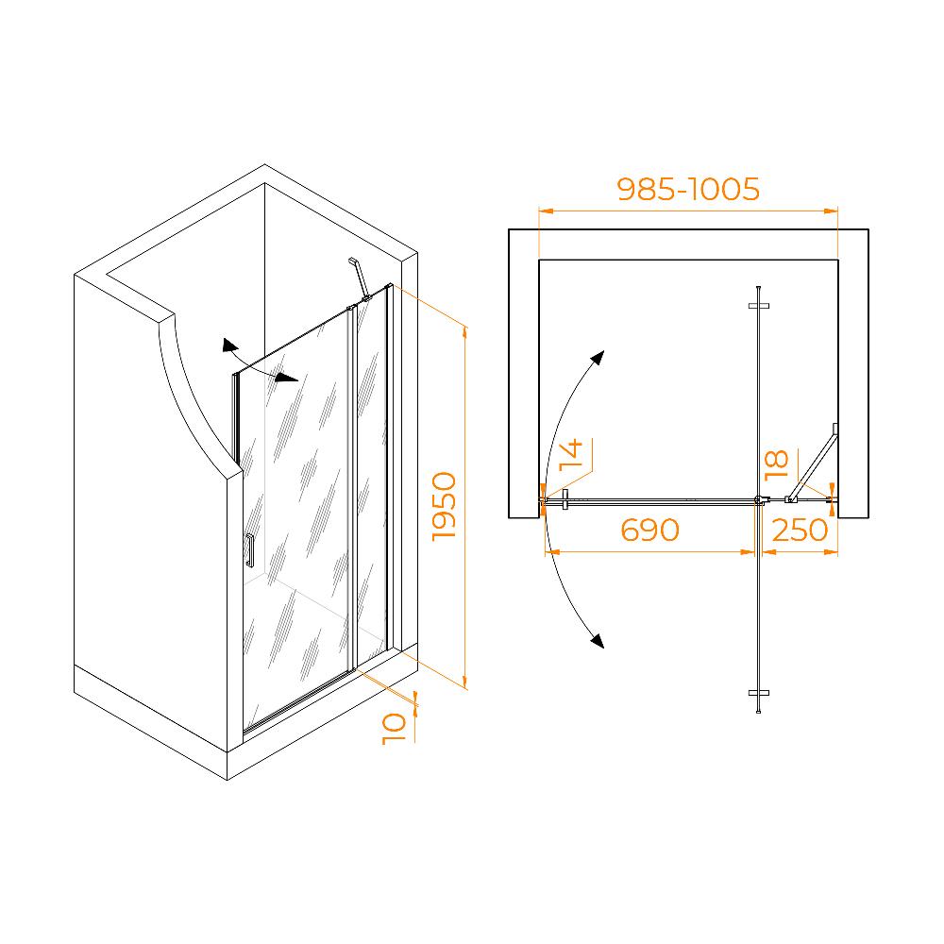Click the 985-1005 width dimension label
(688, 189)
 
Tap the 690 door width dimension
(649, 531)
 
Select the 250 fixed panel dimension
(801, 531)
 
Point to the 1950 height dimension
(445, 506)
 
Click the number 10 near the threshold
(395, 729)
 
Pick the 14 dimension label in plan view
(571, 455)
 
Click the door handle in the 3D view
(249, 549)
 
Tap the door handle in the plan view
(565, 499)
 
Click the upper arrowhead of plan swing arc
(598, 358)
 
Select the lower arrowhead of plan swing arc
(597, 641)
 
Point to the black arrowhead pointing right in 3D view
(287, 378)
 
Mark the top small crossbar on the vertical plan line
(759, 306)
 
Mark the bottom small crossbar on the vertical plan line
(759, 693)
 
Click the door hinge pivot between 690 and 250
(760, 499)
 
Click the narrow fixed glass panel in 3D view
(371, 476)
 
